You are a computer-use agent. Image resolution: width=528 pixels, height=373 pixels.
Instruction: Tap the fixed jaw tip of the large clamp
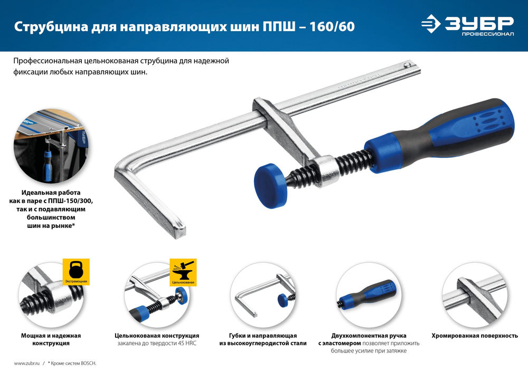[180, 228]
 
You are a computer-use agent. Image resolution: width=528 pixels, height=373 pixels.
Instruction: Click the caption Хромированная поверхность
[475, 336]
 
